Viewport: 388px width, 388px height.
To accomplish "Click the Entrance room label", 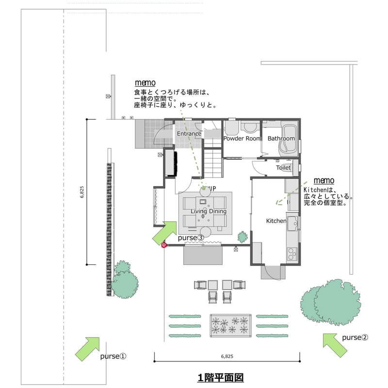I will point(189,134).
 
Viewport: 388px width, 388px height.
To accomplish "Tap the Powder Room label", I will point(242,139).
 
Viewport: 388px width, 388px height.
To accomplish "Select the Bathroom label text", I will point(281,139).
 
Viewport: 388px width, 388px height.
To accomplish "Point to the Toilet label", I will point(283,168).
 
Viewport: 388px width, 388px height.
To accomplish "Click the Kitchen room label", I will point(276,221).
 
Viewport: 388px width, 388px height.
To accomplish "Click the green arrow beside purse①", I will point(87,349).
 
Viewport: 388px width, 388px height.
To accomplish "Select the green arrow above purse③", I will point(164,232).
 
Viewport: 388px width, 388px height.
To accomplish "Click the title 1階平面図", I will point(220,377).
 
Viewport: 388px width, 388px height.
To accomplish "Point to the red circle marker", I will point(164,245).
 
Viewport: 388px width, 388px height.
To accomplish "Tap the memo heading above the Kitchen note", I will point(324,180).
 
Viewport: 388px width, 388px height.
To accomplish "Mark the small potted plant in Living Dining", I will point(242,237).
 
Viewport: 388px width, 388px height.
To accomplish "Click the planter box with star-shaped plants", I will point(230,325).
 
